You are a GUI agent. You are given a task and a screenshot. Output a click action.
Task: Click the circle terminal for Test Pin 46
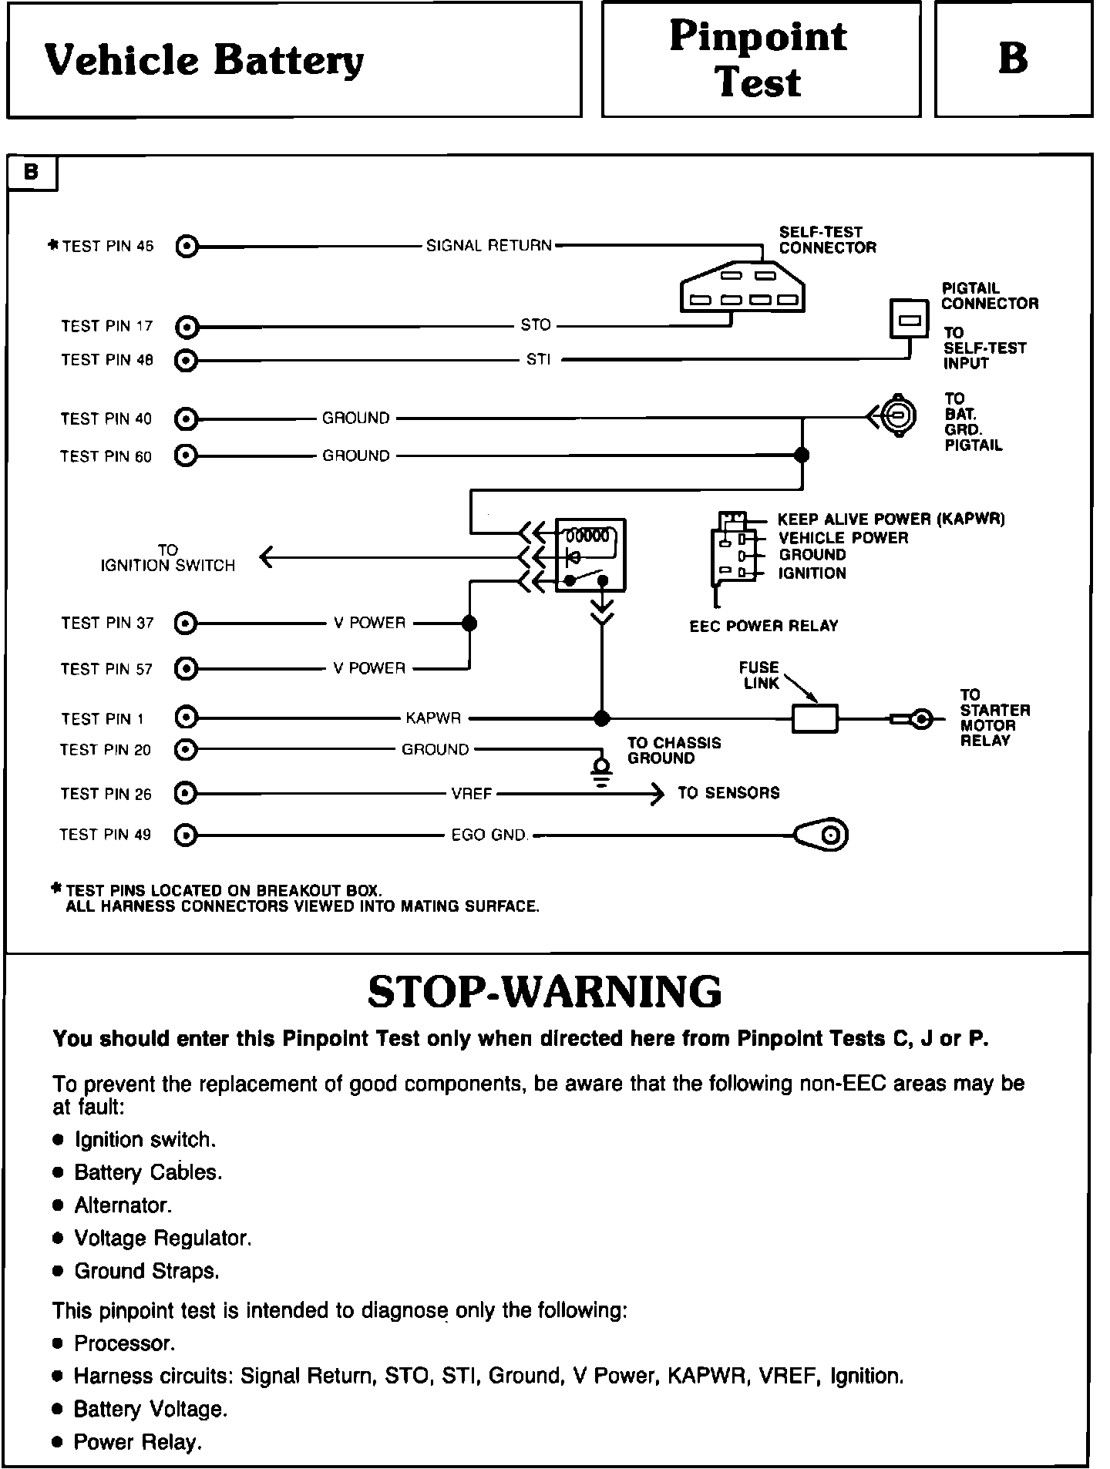point(187,247)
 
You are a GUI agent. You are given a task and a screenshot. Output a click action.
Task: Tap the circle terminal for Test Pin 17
point(187,327)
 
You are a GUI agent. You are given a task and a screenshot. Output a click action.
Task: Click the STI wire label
point(538,359)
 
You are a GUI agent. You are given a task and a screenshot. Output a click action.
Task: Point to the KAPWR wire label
point(433,718)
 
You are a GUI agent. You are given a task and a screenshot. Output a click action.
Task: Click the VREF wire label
point(471,793)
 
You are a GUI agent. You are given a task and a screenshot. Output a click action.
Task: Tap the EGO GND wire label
point(489,835)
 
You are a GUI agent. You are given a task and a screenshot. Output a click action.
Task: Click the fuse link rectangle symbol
point(815,718)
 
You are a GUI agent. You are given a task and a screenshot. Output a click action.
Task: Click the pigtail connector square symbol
point(910,318)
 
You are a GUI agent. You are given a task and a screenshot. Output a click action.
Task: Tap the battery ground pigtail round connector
point(898,417)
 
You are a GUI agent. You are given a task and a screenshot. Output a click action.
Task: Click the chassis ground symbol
point(602,771)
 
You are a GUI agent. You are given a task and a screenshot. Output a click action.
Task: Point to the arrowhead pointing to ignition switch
point(267,556)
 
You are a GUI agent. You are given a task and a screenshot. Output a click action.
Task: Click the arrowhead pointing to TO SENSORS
point(657,793)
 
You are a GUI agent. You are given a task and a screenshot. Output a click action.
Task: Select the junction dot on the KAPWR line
point(602,718)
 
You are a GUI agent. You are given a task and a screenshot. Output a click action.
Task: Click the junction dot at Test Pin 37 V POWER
point(469,623)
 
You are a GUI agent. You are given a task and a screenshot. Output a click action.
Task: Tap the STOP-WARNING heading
point(544,992)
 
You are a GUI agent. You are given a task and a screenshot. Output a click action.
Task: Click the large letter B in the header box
point(1013,59)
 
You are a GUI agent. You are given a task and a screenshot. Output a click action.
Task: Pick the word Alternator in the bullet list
point(123,1205)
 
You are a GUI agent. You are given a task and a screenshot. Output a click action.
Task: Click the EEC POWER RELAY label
point(763,626)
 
